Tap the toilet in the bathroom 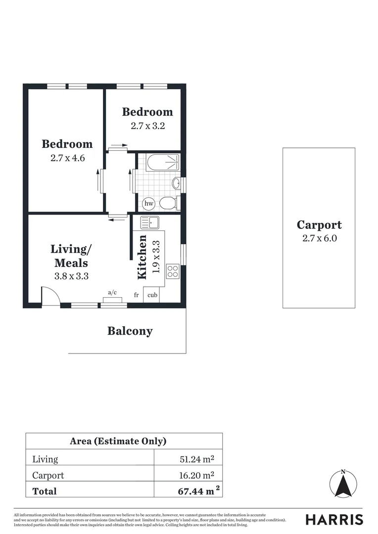[x=168, y=203]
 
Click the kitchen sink [x=149, y=223]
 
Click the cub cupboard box [x=153, y=295]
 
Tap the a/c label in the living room [x=112, y=292]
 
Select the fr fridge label [x=136, y=295]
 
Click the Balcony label [x=130, y=331]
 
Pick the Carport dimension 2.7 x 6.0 [x=319, y=238]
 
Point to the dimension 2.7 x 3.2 [x=147, y=126]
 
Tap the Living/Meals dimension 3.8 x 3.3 [x=71, y=276]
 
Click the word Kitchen [x=142, y=257]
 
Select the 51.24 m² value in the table [x=197, y=459]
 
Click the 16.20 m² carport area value [x=197, y=475]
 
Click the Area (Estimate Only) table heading [x=118, y=441]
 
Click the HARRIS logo [x=334, y=520]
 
